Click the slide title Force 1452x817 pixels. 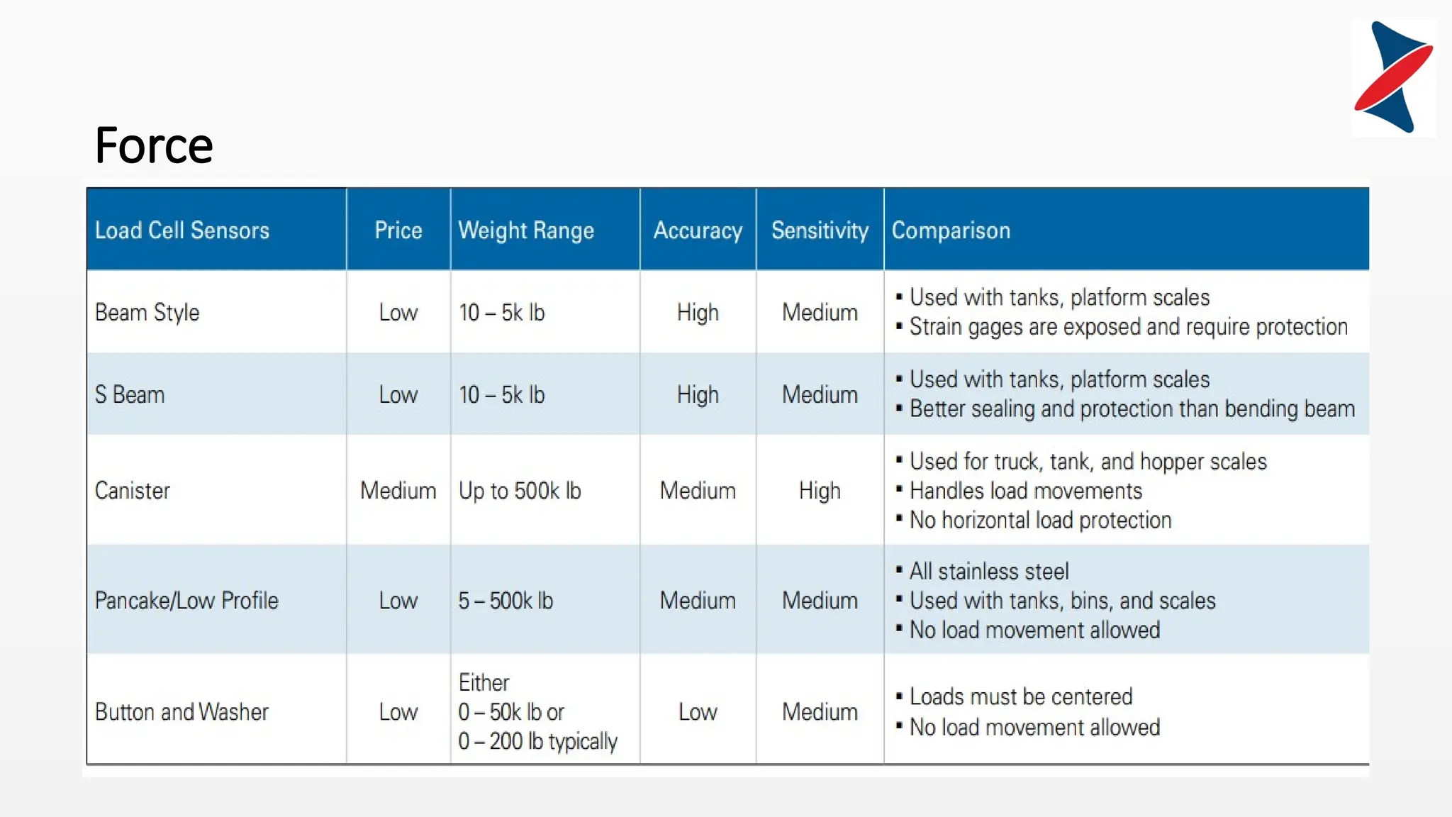(154, 145)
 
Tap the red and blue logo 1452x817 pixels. (1393, 77)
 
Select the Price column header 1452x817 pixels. (398, 230)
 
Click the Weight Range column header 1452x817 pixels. (526, 230)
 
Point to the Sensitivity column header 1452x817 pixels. (820, 230)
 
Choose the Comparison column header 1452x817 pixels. (951, 230)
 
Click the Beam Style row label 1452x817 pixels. (147, 312)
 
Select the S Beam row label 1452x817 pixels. (130, 394)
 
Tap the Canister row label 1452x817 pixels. (133, 490)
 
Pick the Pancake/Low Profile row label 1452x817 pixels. (186, 601)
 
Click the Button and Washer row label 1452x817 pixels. (182, 711)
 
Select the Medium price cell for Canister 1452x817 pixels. (398, 490)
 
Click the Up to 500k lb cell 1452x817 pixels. (520, 490)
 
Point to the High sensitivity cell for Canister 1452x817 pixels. (820, 490)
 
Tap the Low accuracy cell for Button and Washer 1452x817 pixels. (698, 711)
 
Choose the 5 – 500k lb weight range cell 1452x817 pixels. (506, 601)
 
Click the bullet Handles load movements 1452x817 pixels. (1025, 490)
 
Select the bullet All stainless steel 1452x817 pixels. (988, 571)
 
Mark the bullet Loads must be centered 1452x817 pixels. (1020, 696)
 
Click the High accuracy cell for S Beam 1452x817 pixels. (698, 394)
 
